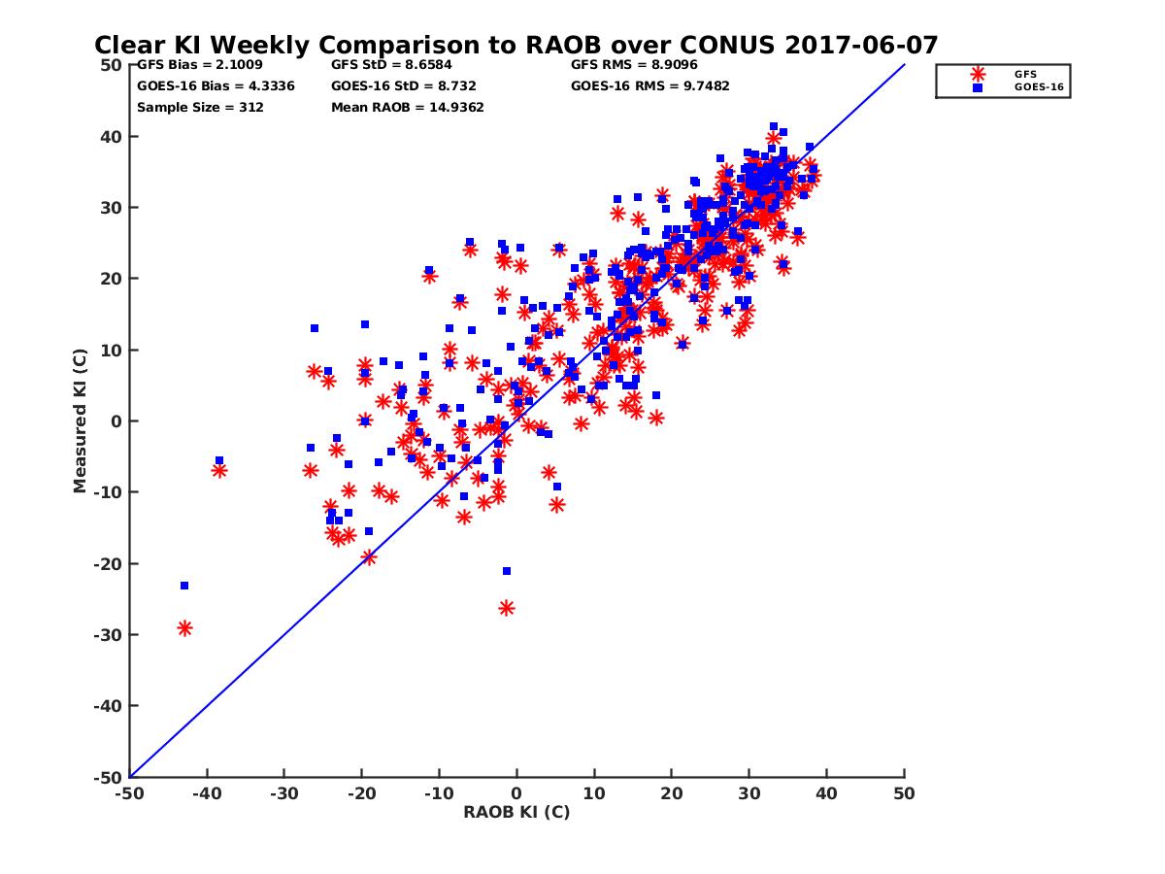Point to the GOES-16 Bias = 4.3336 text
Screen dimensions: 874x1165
[x=216, y=85]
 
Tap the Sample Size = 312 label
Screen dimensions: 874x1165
[x=200, y=107]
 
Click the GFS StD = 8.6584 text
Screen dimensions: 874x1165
[x=387, y=65]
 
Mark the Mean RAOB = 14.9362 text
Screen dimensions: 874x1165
[x=407, y=107]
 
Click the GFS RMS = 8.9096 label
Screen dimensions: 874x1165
[x=634, y=65]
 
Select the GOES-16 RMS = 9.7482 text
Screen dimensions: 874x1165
[x=649, y=85]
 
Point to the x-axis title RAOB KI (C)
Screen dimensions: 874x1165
[x=516, y=812]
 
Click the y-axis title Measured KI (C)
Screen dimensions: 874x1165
[x=81, y=420]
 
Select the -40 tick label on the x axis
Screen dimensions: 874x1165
[x=206, y=793]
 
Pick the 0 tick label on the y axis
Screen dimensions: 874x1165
[x=116, y=421]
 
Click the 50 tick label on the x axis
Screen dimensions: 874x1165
[x=904, y=793]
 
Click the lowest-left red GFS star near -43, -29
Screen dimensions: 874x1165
[x=184, y=628]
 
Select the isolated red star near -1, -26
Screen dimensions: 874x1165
[x=506, y=608]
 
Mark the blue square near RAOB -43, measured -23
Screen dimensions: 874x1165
[x=183, y=586]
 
